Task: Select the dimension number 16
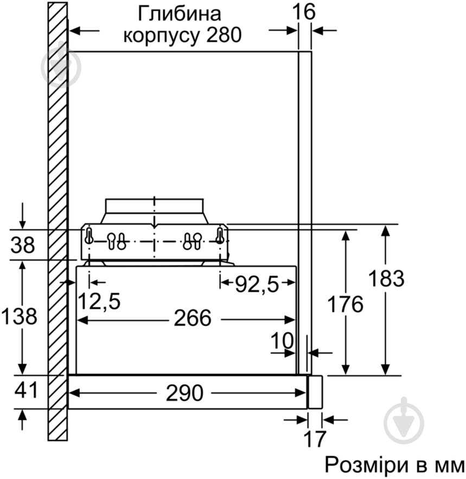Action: [305, 11]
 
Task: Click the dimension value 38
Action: [22, 245]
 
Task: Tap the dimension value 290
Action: [184, 392]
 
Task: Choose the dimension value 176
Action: [344, 305]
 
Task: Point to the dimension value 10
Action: [282, 341]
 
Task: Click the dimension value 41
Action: [22, 391]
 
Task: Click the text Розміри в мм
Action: [394, 465]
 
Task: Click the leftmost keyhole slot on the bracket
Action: [89, 236]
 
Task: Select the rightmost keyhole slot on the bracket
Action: [220, 236]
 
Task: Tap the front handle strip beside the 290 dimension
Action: [315, 391]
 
